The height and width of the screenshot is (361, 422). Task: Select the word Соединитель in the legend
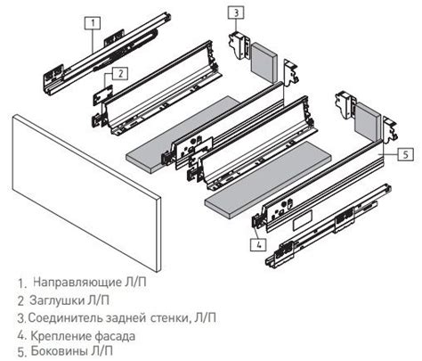(65, 317)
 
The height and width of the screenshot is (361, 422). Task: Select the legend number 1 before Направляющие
(20, 283)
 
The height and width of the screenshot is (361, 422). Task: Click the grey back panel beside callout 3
(265, 58)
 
